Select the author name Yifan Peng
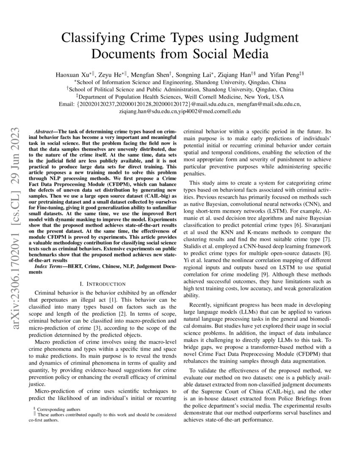[283, 74]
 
